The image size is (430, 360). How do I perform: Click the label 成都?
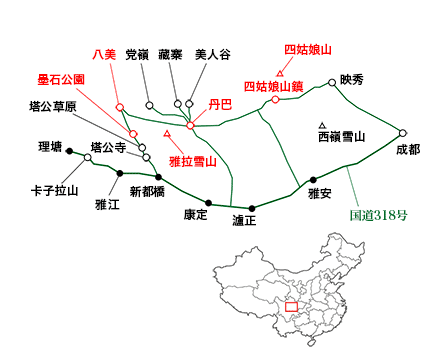pyautogui.click(x=408, y=150)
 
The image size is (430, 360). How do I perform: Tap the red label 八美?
pyautogui.click(x=104, y=55)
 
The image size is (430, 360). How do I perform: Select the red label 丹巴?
pyautogui.click(x=220, y=103)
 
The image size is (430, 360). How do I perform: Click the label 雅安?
pyautogui.click(x=320, y=194)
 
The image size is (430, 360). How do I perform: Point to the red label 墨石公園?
pyautogui.click(x=61, y=78)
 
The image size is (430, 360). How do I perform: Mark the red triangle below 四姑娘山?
pyautogui.click(x=281, y=71)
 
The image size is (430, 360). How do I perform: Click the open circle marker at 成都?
pyautogui.click(x=403, y=133)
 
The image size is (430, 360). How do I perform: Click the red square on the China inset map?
pyautogui.click(x=291, y=306)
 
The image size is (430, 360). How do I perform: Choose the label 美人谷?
pyautogui.click(x=212, y=55)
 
